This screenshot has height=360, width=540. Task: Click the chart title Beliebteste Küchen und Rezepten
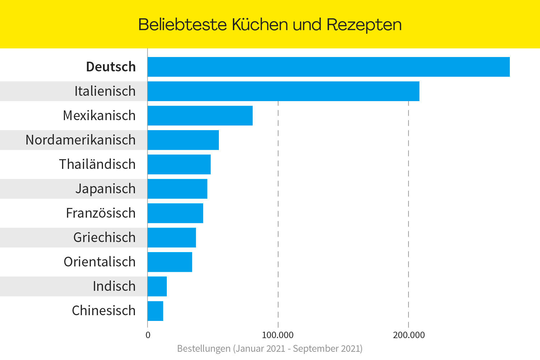[x=270, y=25]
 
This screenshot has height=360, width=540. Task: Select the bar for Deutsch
[x=328, y=67]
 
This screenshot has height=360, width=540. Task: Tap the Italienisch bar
[x=283, y=91]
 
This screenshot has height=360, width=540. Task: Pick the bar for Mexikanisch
[x=200, y=115]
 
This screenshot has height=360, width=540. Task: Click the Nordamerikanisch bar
[x=183, y=140]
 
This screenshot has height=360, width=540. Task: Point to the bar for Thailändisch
[x=179, y=164]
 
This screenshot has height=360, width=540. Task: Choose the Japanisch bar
[x=177, y=189]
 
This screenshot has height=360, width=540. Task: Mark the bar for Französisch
[x=175, y=213]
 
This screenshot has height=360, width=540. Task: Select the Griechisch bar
[x=172, y=237]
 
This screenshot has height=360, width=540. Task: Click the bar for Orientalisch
[x=170, y=262]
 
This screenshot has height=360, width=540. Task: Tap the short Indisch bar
[x=157, y=286]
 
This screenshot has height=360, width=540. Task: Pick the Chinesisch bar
[x=155, y=311]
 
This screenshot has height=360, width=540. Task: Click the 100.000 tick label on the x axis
[x=277, y=335]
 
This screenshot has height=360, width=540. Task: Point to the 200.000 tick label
[x=409, y=335]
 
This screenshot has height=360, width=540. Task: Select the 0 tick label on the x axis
[x=148, y=335]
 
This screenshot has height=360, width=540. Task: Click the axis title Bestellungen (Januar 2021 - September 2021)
[x=270, y=349]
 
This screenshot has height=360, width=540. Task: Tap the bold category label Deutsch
[x=111, y=67]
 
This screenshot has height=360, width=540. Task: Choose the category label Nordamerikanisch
[x=81, y=140]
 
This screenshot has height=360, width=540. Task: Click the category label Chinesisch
[x=104, y=311]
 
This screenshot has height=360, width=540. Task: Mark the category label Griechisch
[x=104, y=237]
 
